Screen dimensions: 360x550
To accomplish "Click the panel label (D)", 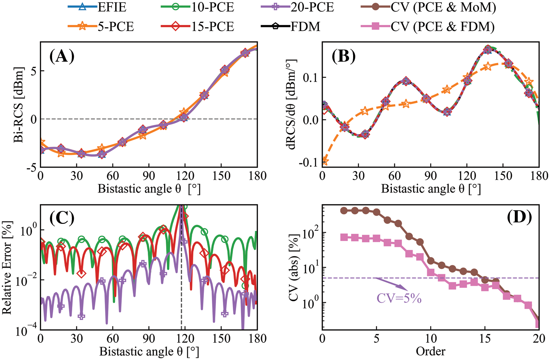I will [x=519, y=217].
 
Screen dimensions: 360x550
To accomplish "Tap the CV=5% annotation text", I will [x=399, y=298].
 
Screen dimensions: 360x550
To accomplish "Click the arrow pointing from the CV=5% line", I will [x=390, y=284].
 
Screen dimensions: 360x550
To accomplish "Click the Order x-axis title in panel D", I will [x=430, y=351].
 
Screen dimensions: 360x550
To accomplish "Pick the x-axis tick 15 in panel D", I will [x=485, y=338].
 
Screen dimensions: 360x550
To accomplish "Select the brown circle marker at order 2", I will [x=344, y=211].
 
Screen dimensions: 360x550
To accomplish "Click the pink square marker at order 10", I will [x=431, y=272].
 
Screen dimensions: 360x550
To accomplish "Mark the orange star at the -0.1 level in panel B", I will [x=324, y=161].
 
